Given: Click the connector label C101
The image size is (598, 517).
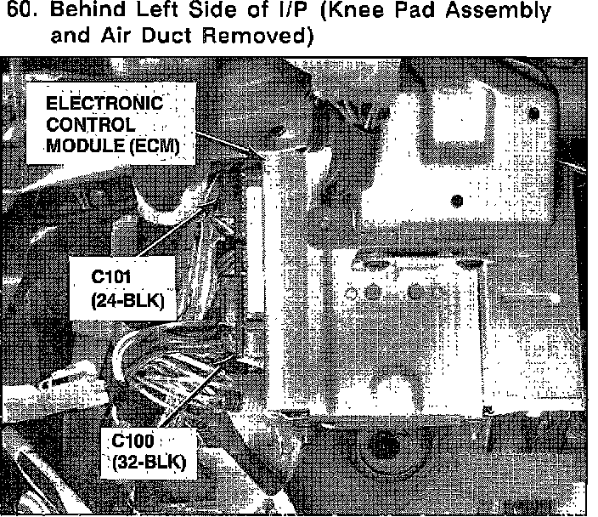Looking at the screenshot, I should click(116, 280).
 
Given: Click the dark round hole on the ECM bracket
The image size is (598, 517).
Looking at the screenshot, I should click(459, 202).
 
